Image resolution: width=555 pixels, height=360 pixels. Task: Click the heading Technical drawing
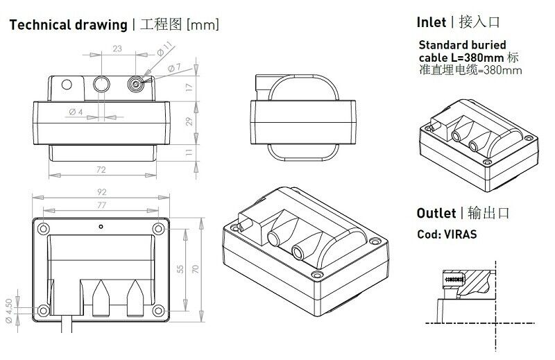67,26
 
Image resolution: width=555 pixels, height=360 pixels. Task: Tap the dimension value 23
117,49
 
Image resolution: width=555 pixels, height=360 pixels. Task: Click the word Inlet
431,22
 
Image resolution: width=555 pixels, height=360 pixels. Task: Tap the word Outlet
436,212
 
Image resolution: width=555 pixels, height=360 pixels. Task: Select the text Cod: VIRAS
447,234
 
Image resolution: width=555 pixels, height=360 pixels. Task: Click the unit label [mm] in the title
203,26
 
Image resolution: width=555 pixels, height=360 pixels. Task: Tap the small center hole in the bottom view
101,226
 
